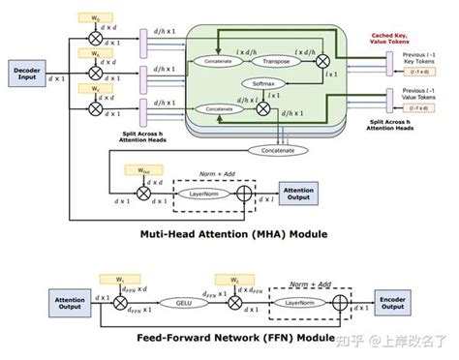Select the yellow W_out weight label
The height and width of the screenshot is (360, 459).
pyautogui.click(x=143, y=170)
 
